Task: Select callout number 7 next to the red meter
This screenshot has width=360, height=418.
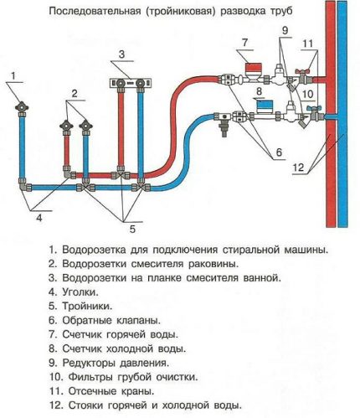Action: pos(222,42)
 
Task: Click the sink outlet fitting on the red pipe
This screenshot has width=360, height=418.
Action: pos(65,126)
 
